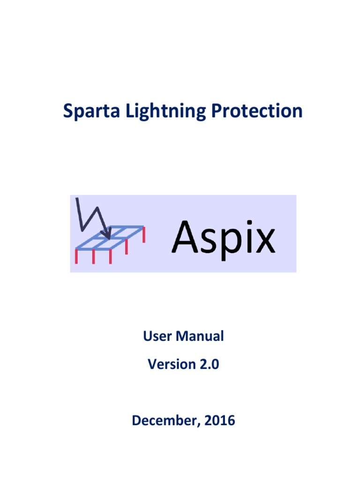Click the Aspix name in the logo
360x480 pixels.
223,239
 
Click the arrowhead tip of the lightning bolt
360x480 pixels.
109,238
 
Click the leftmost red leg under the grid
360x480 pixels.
76,256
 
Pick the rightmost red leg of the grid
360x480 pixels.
143,234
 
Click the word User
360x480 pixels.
157,336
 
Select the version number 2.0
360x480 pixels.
209,364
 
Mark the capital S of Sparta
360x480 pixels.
68,112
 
